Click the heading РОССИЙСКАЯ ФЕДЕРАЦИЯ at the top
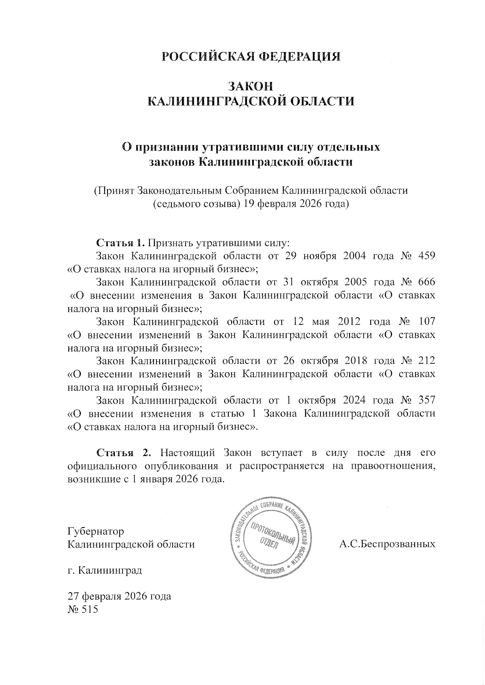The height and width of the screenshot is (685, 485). (x=251, y=57)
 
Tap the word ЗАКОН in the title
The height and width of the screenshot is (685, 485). (x=251, y=86)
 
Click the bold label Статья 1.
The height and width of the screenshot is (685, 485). (x=120, y=243)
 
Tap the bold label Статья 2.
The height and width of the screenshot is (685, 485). (x=123, y=452)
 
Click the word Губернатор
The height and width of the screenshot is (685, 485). (x=96, y=531)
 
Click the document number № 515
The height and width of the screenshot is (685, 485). (x=83, y=610)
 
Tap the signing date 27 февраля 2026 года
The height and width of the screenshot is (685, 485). (x=120, y=596)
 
